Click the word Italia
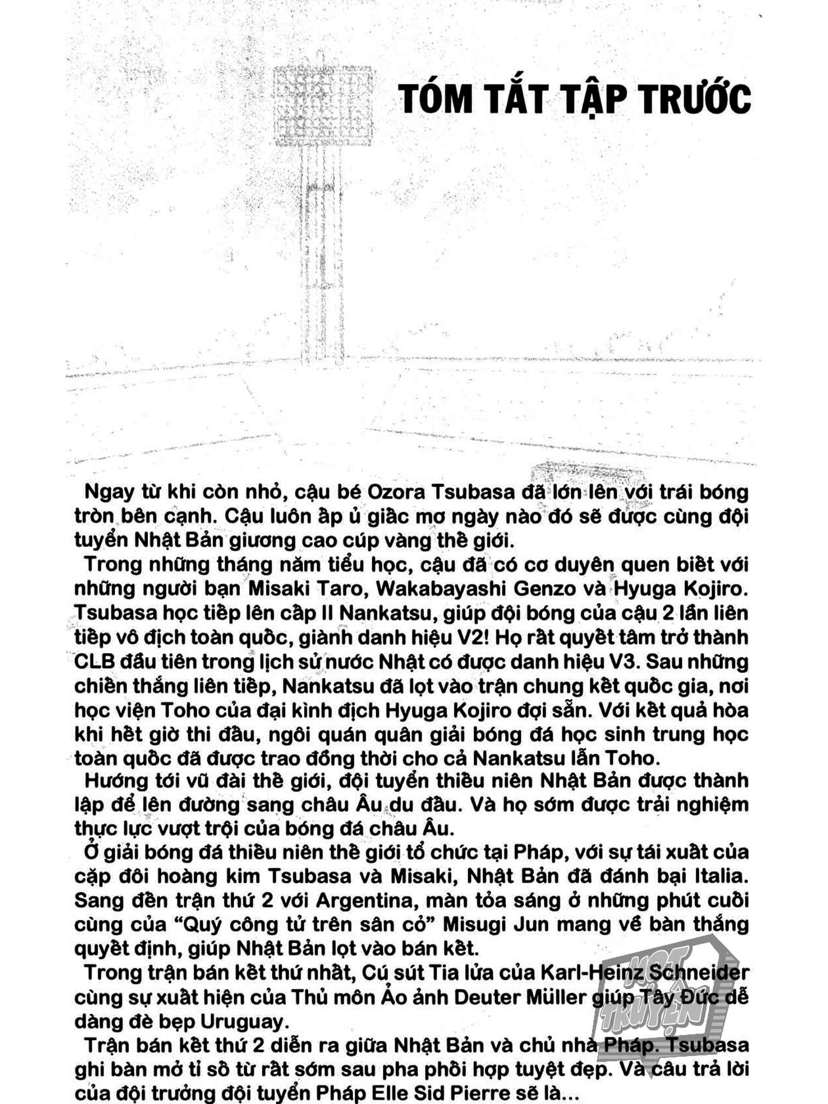tap(721, 876)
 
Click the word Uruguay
tap(242, 1022)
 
